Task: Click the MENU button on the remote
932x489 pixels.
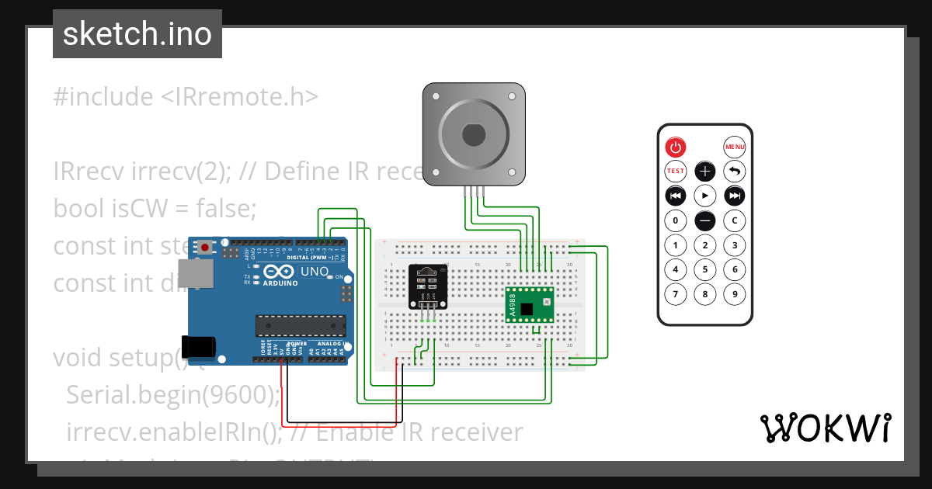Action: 734,147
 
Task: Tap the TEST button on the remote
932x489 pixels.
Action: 675,171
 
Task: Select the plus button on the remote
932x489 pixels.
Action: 704,171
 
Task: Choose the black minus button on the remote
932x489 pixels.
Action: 704,220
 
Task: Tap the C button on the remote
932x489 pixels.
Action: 734,220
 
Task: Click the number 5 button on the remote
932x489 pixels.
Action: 704,270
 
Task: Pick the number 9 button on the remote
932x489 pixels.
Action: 734,294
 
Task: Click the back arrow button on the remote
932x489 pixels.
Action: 734,171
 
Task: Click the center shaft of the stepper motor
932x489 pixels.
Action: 473,135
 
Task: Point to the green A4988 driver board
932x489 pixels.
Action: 530,307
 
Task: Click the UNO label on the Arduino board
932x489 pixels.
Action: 314,272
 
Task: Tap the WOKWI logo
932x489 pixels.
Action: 824,428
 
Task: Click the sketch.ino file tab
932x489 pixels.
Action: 137,34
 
